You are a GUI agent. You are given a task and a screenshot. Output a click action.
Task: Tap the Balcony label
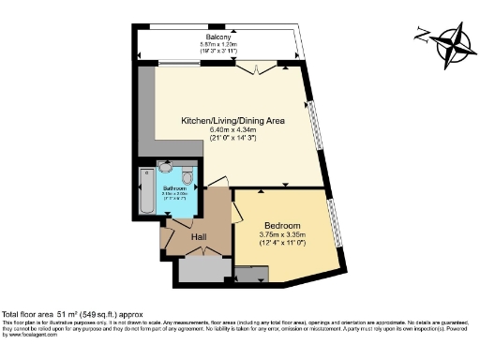[220, 37]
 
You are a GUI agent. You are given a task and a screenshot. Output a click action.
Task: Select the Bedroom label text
[281, 226]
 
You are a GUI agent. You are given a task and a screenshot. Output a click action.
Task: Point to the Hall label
[199, 237]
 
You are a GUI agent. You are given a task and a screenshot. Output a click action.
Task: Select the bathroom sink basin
[166, 169]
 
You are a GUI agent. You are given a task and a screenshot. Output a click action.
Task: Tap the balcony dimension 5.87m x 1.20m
[220, 45]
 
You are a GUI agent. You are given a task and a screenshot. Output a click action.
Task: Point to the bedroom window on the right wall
[336, 222]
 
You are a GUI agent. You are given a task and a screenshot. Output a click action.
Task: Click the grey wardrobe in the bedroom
[251, 274]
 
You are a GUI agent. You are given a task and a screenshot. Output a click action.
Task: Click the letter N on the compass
[422, 37]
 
